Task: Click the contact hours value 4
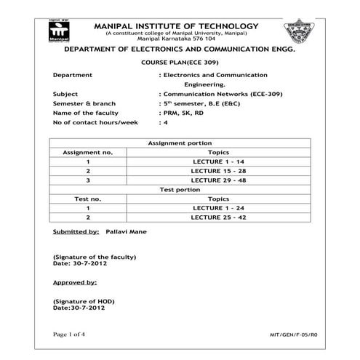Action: click(166, 122)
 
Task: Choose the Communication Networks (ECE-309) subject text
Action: click(215, 94)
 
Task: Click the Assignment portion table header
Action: click(180, 143)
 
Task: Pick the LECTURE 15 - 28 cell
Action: click(218, 170)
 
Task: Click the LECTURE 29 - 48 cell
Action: click(218, 180)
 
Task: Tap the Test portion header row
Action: click(180, 189)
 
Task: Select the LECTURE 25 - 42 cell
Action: click(218, 217)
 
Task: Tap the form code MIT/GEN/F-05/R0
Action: click(293, 334)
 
